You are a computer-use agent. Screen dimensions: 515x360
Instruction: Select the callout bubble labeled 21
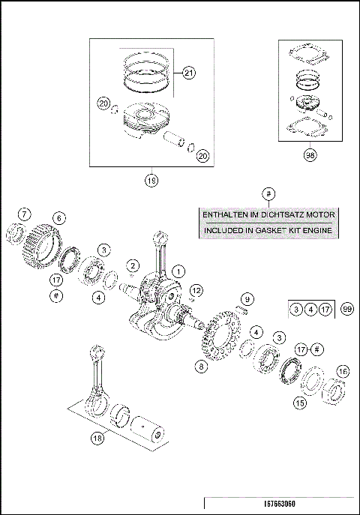[188, 73]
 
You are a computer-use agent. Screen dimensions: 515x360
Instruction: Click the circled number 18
[97, 439]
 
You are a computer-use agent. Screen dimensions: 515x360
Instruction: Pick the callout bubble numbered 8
[200, 367]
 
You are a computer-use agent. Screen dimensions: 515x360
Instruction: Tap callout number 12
[196, 289]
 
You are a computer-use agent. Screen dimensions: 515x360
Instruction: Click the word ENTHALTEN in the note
[226, 215]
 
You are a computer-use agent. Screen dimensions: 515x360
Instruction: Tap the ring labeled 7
[16, 234]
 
